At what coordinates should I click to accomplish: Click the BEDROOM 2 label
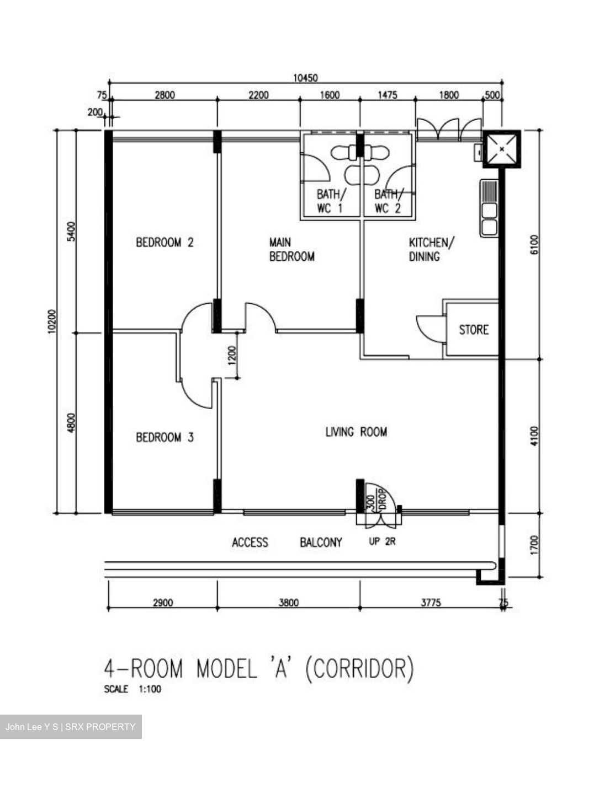coord(165,242)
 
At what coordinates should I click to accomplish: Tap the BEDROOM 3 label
coord(165,437)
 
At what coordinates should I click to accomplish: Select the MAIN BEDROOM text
coord(291,249)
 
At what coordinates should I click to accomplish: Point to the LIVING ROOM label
coord(356,432)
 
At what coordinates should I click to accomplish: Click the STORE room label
coord(474,330)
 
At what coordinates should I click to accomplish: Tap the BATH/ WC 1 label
coord(330,201)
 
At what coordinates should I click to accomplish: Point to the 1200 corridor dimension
coord(231,356)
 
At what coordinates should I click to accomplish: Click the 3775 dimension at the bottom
coord(431,603)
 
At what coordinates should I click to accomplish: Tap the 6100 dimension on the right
coord(533,245)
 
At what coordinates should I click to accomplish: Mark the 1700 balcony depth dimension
coord(533,545)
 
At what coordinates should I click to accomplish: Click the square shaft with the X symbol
coord(501,149)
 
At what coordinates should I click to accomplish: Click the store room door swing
coord(429,329)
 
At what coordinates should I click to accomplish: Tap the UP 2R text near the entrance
coord(382,542)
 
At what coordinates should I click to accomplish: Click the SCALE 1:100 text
coord(132,689)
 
